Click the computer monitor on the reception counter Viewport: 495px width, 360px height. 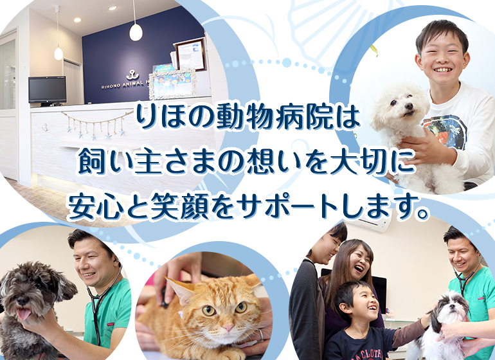[x=47, y=90]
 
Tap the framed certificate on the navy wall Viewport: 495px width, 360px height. [x=190, y=54]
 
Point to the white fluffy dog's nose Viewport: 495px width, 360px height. [x=398, y=113]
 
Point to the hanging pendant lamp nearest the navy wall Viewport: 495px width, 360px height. [x=136, y=30]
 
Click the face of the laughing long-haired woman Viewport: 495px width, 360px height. [x=359, y=260]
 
